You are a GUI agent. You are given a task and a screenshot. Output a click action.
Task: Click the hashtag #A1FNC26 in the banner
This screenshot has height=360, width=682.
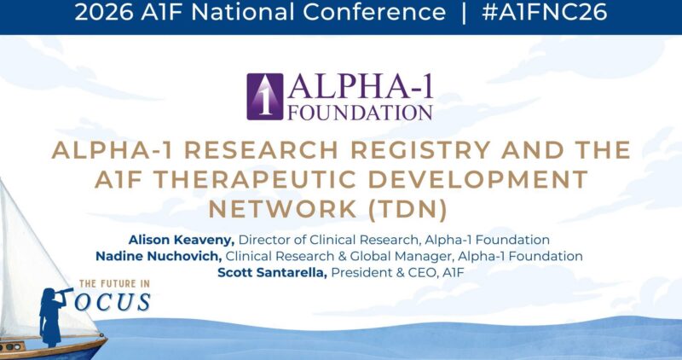(544, 12)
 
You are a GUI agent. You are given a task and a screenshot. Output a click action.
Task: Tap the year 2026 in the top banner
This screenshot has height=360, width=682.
(103, 12)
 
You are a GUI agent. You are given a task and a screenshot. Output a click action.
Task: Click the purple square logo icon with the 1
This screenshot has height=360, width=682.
(265, 96)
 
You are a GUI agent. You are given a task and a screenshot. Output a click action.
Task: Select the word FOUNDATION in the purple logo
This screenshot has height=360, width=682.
(360, 113)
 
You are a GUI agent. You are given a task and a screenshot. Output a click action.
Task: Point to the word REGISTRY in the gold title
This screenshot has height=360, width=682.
(420, 150)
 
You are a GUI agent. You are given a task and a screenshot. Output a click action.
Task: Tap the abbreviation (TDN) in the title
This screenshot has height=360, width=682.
(407, 209)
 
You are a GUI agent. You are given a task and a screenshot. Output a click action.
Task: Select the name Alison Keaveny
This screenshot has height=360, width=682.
(182, 240)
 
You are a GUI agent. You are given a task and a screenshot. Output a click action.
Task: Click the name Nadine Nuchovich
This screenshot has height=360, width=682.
(159, 257)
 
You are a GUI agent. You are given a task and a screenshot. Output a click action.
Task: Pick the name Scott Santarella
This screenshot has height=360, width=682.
(272, 273)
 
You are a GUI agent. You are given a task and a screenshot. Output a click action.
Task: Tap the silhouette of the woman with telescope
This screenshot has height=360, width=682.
(52, 316)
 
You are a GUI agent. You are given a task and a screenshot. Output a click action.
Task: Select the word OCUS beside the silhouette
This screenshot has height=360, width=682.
(113, 303)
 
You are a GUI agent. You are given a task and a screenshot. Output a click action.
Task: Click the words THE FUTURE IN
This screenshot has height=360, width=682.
(114, 284)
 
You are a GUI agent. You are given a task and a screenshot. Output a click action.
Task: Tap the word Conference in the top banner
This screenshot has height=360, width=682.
(374, 12)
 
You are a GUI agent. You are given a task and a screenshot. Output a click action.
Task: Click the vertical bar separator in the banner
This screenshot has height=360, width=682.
(464, 13)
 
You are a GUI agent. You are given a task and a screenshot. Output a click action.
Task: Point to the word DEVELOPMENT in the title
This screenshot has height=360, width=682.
(478, 179)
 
